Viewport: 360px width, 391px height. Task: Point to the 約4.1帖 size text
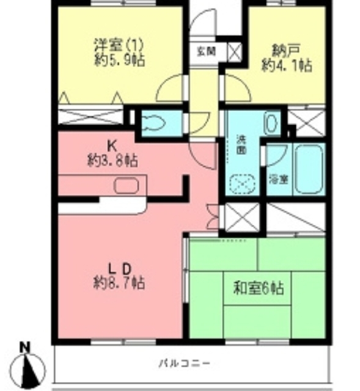[x=287, y=65]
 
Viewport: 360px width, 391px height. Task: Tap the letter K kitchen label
[x=112, y=146]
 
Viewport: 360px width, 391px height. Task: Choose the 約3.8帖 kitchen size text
[x=112, y=161]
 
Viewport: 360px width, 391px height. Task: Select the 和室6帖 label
[x=259, y=288]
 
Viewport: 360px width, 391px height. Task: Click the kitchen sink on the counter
[x=126, y=185]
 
